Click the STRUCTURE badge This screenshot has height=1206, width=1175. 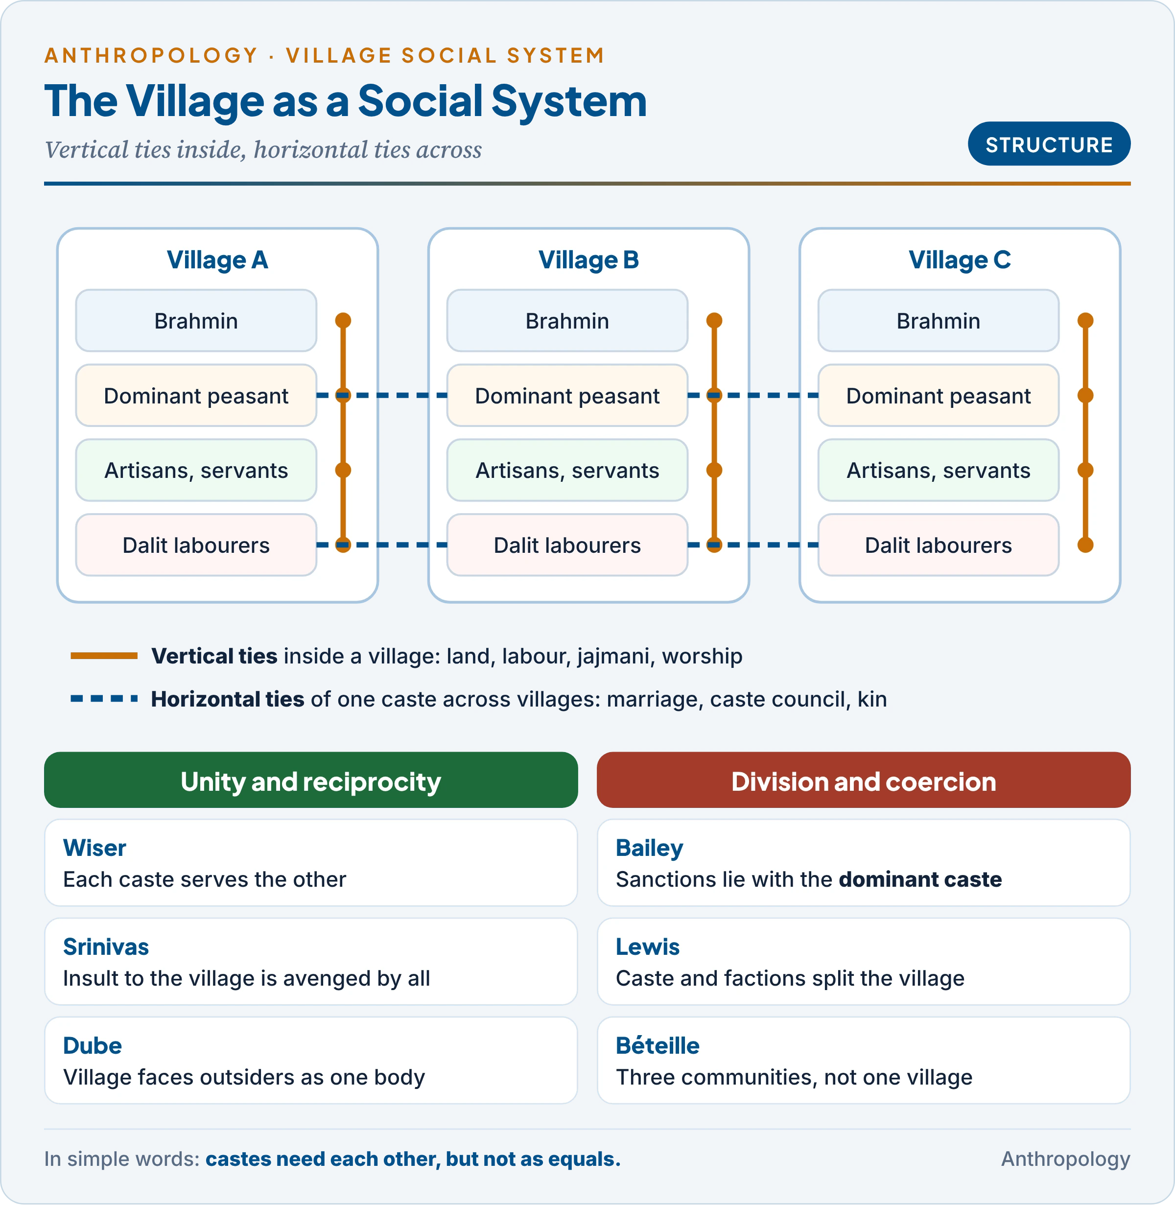(x=1049, y=144)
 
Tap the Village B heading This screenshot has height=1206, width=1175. (x=588, y=260)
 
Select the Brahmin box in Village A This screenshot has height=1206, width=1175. (x=196, y=320)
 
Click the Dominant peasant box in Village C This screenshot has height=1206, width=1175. (x=938, y=395)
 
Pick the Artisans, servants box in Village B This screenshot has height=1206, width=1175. (x=567, y=470)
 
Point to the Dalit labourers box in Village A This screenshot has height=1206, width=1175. (x=196, y=544)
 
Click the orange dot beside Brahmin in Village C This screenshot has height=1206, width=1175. (x=1085, y=320)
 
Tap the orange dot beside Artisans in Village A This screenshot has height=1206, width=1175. (x=343, y=470)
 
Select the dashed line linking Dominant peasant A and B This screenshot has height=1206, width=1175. (x=382, y=395)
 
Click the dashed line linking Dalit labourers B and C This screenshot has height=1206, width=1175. (x=753, y=544)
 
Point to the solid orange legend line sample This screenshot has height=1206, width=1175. (x=104, y=656)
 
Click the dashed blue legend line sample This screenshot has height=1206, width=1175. (x=104, y=699)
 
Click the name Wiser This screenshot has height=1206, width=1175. (x=94, y=848)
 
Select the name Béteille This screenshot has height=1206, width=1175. (x=658, y=1045)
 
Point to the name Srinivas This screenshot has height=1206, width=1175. (x=106, y=947)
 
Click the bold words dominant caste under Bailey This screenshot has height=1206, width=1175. (x=920, y=879)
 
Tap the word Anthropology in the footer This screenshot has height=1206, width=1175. (x=1065, y=1159)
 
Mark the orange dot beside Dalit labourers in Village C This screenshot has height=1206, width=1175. (x=1085, y=544)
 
